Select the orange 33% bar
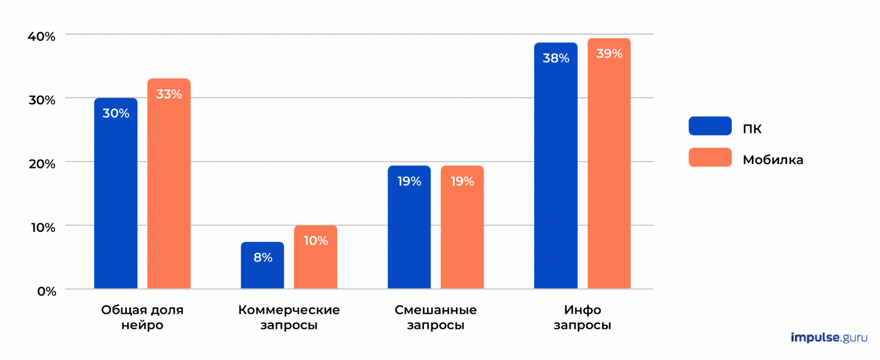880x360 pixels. pyautogui.click(x=169, y=185)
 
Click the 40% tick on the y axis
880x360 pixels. pyautogui.click(x=42, y=37)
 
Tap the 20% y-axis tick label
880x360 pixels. pyautogui.click(x=42, y=164)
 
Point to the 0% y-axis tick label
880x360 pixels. pyautogui.click(x=47, y=291)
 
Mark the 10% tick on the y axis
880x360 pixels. pyautogui.click(x=43, y=228)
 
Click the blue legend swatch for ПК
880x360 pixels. pyautogui.click(x=710, y=126)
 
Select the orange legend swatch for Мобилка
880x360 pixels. pyautogui.click(x=710, y=158)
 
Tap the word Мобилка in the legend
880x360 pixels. pyautogui.click(x=773, y=160)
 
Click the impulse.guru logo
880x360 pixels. pyautogui.click(x=829, y=338)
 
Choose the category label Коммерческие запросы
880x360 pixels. pyautogui.click(x=289, y=317)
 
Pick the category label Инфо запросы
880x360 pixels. pyautogui.click(x=582, y=317)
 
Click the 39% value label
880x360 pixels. pyautogui.click(x=609, y=54)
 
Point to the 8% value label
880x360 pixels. pyautogui.click(x=263, y=257)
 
